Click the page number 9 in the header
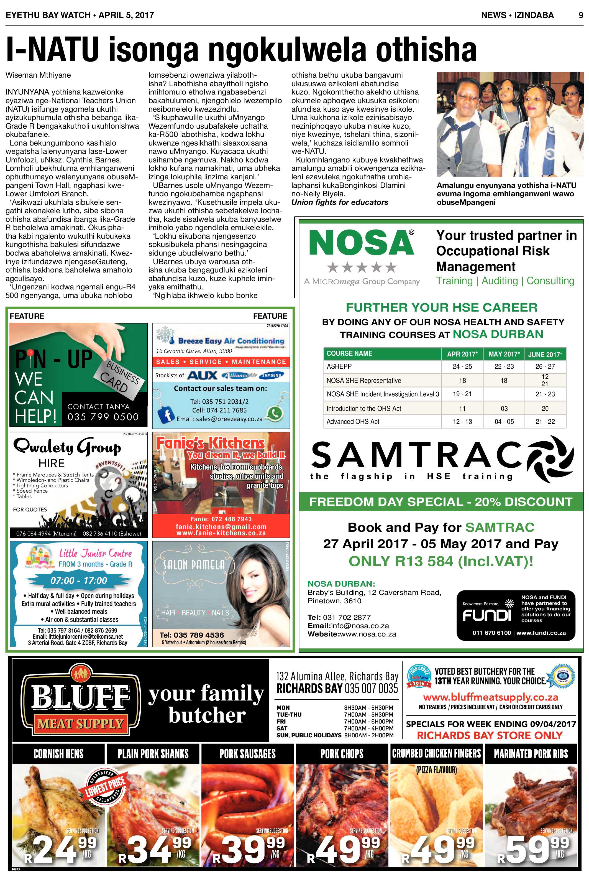pyautogui.click(x=580, y=15)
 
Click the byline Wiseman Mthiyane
pyautogui.click(x=38, y=75)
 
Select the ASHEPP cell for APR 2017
pyautogui.click(x=462, y=366)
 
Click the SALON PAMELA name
pyautogui.click(x=194, y=565)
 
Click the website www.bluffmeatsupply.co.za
pyautogui.click(x=490, y=697)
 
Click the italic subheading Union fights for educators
pyautogui.click(x=340, y=202)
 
